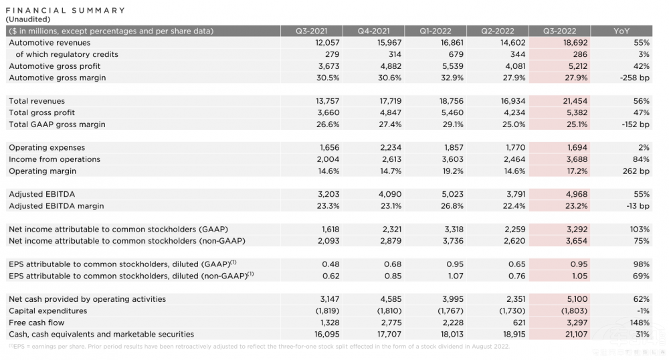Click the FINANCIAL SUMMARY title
[x=66, y=10]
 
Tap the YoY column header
[x=622, y=31]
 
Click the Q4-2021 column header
[x=373, y=31]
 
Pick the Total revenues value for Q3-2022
[x=573, y=101]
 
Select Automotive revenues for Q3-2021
[x=326, y=43]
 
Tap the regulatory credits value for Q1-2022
[x=447, y=54]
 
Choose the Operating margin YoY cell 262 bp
[x=635, y=171]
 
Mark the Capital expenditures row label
[x=48, y=311]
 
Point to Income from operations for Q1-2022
[x=446, y=159]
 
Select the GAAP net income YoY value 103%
[x=639, y=229]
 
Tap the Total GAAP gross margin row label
[x=57, y=124]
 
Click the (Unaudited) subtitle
[x=29, y=19]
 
